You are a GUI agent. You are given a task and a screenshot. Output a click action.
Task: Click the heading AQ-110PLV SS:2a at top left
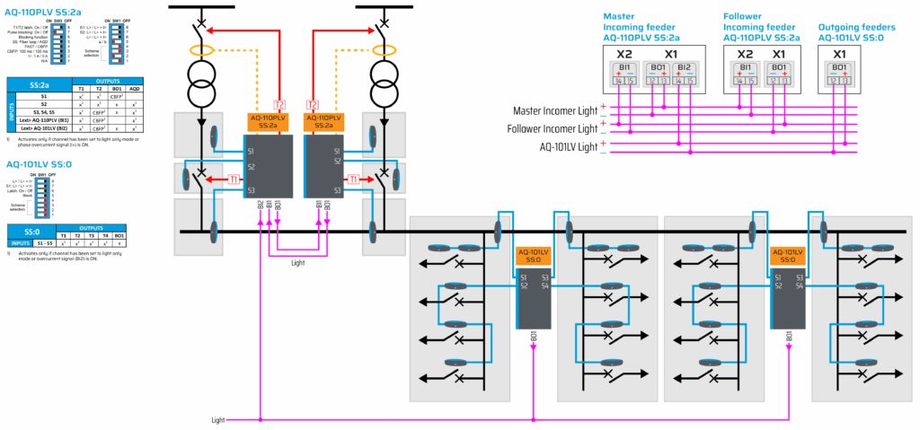(x=42, y=11)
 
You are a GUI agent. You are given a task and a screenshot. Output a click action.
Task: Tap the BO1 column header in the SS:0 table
(x=120, y=233)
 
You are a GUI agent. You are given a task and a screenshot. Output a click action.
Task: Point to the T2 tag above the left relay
(x=279, y=104)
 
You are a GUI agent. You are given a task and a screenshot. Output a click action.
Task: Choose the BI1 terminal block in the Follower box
(x=746, y=74)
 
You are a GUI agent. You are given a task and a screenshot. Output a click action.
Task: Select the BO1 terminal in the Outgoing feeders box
(x=838, y=74)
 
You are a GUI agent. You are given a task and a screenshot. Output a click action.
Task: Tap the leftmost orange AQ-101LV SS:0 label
(x=534, y=254)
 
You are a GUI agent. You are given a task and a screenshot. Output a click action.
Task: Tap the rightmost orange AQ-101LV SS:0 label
(x=788, y=254)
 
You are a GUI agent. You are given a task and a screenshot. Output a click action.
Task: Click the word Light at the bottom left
(x=218, y=419)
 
